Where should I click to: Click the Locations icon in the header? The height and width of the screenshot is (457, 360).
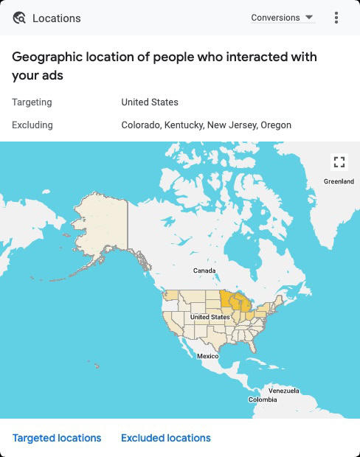19,18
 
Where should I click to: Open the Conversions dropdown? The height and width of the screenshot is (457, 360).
283,18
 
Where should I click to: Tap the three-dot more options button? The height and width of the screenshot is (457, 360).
336,18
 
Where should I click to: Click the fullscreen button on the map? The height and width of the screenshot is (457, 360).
339,161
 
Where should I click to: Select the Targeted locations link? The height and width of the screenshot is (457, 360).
57,438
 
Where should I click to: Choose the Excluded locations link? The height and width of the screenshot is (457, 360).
166,438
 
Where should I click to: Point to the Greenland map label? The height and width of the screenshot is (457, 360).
339,181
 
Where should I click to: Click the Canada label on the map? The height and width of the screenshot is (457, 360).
204,271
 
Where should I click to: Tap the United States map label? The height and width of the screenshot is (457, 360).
210,317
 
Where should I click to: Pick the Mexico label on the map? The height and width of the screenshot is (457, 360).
207,356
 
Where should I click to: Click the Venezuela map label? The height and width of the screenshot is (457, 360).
283,390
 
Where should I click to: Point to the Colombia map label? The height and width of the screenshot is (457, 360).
263,400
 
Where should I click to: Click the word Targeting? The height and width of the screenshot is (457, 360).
32,102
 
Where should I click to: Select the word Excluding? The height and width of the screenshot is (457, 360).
32,125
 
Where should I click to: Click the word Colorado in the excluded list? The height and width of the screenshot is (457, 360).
141,125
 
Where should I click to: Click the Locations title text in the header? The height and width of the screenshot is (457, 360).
57,18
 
